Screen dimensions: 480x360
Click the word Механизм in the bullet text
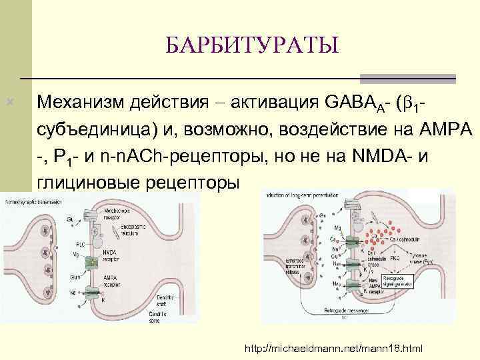(x=81, y=103)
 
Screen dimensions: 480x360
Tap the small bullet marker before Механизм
(x=9, y=103)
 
